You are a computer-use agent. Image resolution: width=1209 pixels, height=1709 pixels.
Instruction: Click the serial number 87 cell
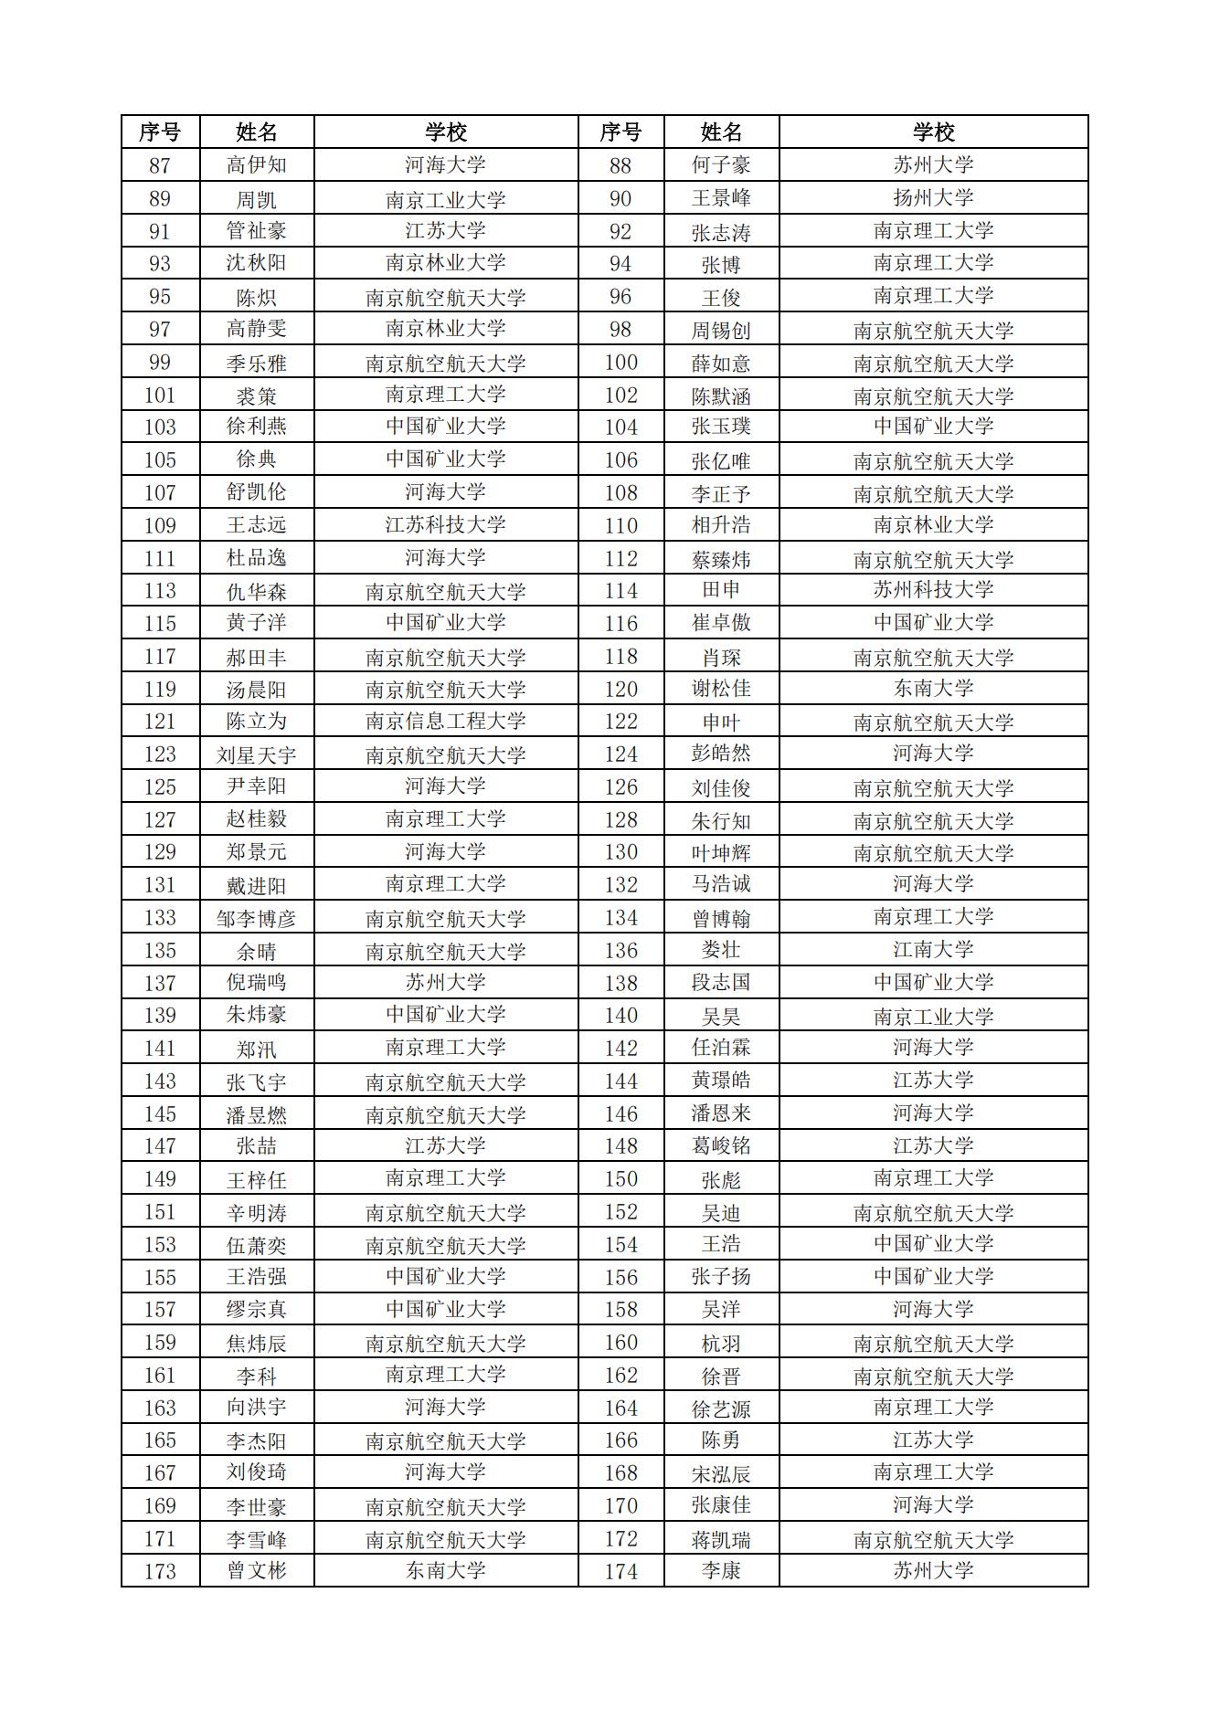pos(160,165)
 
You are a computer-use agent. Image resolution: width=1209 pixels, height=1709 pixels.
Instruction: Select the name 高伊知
pos(256,165)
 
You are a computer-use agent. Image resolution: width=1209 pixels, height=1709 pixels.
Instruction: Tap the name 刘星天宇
pos(256,754)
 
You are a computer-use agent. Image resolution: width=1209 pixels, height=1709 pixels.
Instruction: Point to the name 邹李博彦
pos(256,918)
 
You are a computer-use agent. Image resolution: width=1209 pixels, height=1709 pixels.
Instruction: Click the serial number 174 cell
pos(620,1571)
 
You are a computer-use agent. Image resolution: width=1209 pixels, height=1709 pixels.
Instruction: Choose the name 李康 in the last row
pos(721,1571)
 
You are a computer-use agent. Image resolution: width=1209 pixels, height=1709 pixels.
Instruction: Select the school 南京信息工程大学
pos(446,722)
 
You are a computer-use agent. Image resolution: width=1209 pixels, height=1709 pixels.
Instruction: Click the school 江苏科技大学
pos(446,525)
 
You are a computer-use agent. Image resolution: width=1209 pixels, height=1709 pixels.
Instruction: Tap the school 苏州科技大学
pos(933,590)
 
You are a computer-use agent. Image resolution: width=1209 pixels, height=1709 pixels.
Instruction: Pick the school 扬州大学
pos(933,198)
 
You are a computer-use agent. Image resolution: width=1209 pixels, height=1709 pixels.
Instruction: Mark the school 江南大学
pos(933,950)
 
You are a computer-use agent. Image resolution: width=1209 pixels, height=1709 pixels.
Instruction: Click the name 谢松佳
pos(721,689)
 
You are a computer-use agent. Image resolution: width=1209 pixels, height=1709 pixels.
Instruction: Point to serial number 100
pos(620,363)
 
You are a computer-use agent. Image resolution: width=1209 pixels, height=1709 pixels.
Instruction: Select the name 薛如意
pos(721,364)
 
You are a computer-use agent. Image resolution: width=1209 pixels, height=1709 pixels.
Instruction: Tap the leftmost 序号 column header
pos(160,132)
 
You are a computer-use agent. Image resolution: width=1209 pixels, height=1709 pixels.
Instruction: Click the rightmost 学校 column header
pos(933,132)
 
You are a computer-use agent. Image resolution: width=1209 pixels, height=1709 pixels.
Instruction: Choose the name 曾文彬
pos(256,1571)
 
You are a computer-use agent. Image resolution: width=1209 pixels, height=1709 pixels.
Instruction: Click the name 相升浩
pos(721,525)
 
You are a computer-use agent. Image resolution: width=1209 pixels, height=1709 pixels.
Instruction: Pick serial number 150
pos(620,1179)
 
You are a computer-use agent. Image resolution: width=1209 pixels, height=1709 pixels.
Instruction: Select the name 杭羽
pos(721,1343)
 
